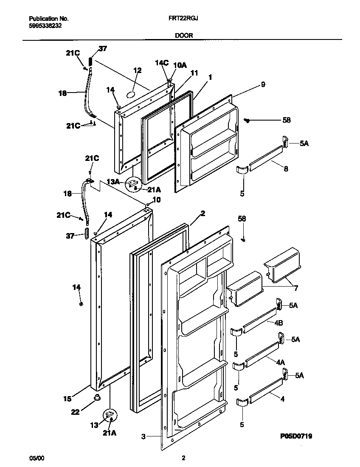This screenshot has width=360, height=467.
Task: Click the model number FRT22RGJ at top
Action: click(184, 19)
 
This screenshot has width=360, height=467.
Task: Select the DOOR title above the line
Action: click(184, 36)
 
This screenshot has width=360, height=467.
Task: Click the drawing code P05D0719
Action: click(296, 436)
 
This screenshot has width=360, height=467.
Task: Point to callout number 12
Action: click(137, 70)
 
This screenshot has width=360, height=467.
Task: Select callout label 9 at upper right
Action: click(263, 85)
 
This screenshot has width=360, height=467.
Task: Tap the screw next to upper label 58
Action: click(247, 121)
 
